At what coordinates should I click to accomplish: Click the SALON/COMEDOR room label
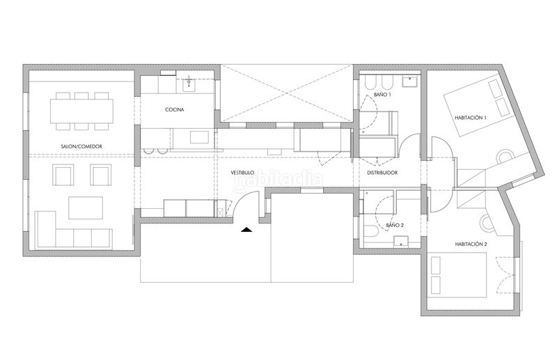pos(81,146)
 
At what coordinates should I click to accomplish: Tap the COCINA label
pos(175,110)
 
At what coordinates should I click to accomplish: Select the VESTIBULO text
pos(242,173)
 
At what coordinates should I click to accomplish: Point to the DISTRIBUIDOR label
pos(382,173)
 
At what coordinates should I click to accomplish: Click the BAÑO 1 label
pos(382,95)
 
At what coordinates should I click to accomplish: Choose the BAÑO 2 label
pos(395,225)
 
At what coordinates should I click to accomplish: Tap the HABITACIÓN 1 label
pos(471,118)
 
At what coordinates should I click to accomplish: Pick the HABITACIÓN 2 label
pos(471,244)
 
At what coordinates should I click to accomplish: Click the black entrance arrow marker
pos(246,230)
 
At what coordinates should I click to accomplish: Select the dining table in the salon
pos(81,111)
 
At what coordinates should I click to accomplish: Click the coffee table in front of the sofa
pos(86,208)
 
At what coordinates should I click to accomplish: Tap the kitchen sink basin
pos(189,84)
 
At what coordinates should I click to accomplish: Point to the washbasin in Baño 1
pos(410,81)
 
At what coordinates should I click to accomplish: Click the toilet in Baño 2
pos(372,232)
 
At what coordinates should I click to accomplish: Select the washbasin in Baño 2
pos(402,242)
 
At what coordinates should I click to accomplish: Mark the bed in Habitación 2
pos(457,275)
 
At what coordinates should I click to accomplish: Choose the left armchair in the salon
pos(63,175)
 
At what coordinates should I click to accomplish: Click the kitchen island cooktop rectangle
pos(200,137)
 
